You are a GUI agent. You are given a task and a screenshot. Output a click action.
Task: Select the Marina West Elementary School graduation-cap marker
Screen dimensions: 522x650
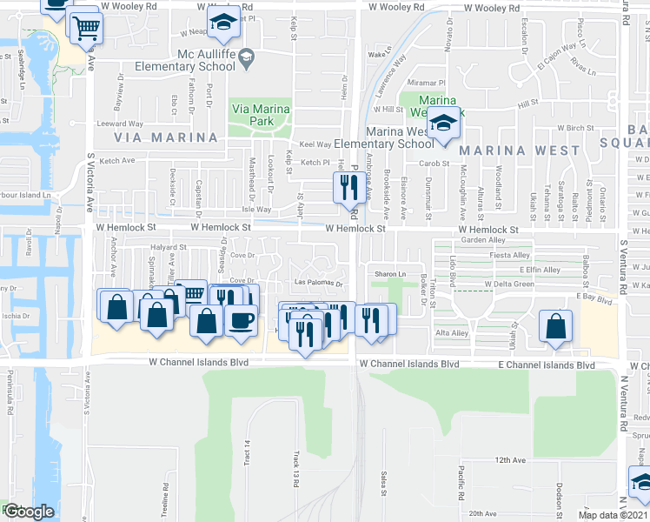pos(445,124)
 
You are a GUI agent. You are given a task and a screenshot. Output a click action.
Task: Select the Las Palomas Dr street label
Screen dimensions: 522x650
pos(320,283)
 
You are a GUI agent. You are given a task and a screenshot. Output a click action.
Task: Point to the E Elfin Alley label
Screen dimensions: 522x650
pos(539,270)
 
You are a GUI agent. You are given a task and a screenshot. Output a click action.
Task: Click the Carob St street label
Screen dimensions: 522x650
pos(433,163)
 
